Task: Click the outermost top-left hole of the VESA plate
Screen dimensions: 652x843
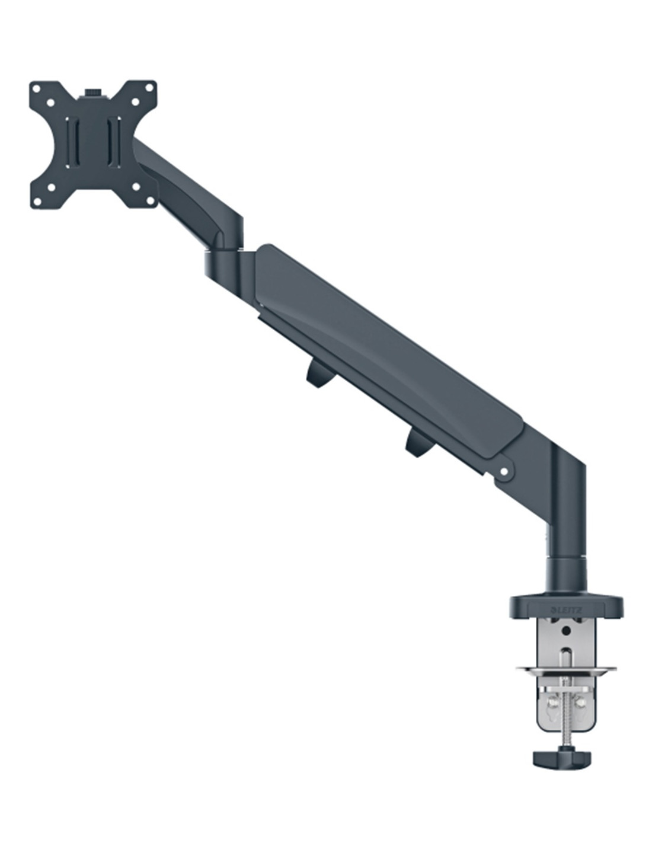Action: point(36,88)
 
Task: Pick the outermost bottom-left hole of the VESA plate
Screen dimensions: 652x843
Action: point(37,202)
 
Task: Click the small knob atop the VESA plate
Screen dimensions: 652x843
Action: point(92,92)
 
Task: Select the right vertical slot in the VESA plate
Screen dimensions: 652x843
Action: point(113,142)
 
